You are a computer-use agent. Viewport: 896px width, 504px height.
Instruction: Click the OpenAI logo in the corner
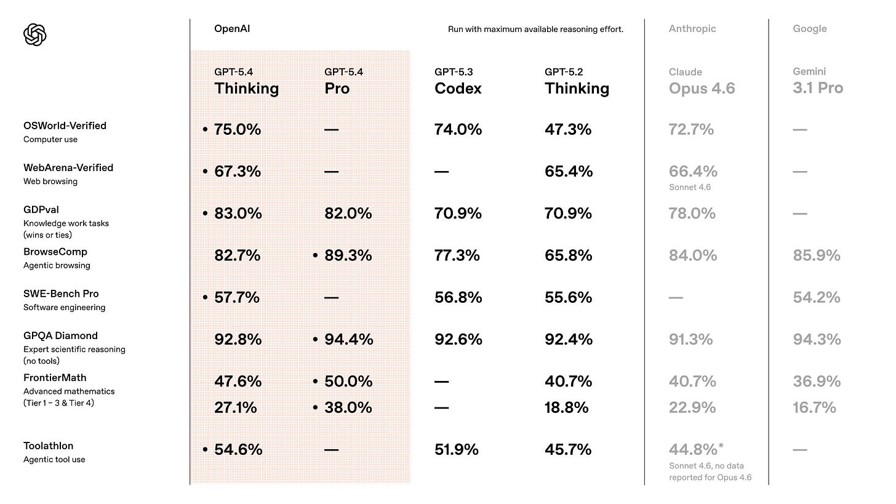click(x=35, y=34)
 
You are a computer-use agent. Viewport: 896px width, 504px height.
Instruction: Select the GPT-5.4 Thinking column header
click(x=246, y=82)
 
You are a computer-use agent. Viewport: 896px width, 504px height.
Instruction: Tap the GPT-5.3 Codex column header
click(x=458, y=82)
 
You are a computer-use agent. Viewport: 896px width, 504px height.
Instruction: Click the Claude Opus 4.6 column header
click(x=702, y=82)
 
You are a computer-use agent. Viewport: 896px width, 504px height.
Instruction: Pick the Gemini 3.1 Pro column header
click(x=818, y=82)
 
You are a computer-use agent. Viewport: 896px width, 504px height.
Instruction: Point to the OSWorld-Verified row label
click(x=65, y=126)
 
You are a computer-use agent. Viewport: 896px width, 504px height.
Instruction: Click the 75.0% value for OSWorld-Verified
click(x=238, y=130)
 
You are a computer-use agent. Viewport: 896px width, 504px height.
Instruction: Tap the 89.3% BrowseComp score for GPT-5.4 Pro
click(x=348, y=256)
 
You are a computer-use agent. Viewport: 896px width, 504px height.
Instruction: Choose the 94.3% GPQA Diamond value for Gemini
click(x=817, y=340)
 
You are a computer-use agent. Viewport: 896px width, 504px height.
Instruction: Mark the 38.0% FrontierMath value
click(x=348, y=408)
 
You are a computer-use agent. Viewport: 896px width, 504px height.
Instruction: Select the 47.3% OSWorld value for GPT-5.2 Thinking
click(x=568, y=130)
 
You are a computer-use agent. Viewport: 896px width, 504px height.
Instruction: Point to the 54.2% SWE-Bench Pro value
click(x=817, y=298)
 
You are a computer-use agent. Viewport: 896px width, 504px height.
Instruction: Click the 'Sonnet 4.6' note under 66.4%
click(x=689, y=187)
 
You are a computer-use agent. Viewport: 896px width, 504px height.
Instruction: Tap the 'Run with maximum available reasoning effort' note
click(x=535, y=30)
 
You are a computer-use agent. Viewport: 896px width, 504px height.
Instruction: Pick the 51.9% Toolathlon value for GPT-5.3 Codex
click(x=457, y=450)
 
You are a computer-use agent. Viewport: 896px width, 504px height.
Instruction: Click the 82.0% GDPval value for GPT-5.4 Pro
click(x=348, y=214)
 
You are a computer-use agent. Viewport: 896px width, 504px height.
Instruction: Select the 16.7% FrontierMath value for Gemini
click(x=814, y=408)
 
